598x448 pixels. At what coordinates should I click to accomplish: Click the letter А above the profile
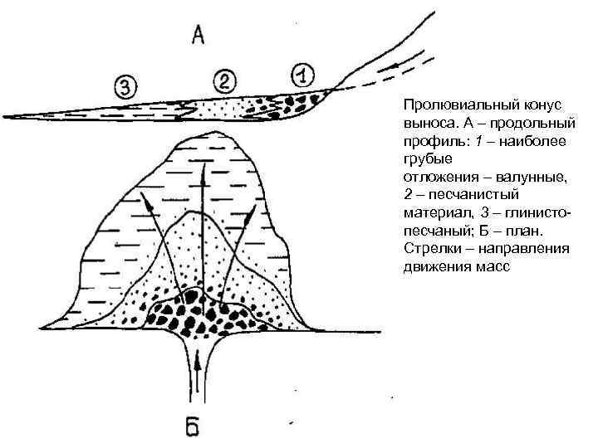tap(198, 35)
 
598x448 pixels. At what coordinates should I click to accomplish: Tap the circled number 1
tap(304, 75)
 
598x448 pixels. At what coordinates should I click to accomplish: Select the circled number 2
tap(225, 81)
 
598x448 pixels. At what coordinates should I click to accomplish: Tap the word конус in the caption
tap(541, 105)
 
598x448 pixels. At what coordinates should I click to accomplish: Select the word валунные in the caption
tap(528, 177)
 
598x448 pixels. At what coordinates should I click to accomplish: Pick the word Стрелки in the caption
tap(431, 249)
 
